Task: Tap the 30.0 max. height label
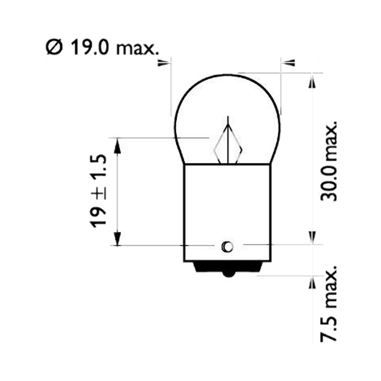point(329,161)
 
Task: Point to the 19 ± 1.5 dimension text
point(98,191)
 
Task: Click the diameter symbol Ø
point(54,48)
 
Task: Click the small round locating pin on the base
point(228,247)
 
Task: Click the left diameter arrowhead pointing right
point(163,63)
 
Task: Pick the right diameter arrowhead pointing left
point(289,63)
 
